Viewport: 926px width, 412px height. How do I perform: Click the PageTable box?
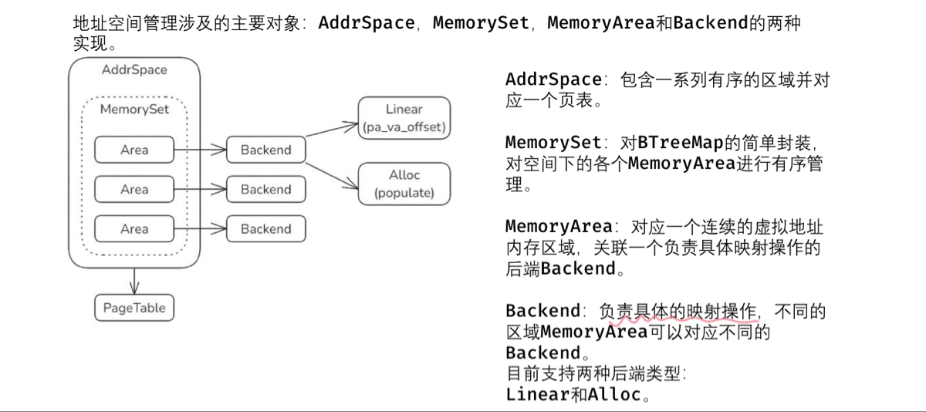134,308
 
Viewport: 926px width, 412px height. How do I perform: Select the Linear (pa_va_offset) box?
404,118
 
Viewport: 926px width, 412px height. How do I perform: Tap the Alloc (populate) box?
404,184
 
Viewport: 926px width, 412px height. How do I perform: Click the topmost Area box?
134,150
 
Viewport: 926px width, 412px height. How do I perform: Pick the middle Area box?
134,189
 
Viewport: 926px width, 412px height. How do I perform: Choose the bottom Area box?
134,228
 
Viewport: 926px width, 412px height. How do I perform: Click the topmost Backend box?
266,150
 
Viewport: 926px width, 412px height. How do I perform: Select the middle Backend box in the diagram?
266,189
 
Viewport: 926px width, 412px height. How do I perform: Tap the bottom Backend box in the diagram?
266,228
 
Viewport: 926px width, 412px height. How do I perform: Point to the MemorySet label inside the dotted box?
134,110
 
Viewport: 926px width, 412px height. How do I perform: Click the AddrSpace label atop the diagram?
134,70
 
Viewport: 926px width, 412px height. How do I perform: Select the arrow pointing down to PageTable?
134,282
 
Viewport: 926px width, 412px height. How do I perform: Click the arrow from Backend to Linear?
332,130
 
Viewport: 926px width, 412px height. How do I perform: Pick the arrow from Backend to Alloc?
332,176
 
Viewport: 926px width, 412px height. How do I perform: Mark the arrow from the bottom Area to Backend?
200,228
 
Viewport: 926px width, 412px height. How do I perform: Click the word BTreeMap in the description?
681,143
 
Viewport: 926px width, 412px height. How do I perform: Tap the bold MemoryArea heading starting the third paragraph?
559,227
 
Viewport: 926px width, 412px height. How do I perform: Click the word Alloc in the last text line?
614,394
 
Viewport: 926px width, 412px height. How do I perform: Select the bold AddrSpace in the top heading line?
367,23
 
